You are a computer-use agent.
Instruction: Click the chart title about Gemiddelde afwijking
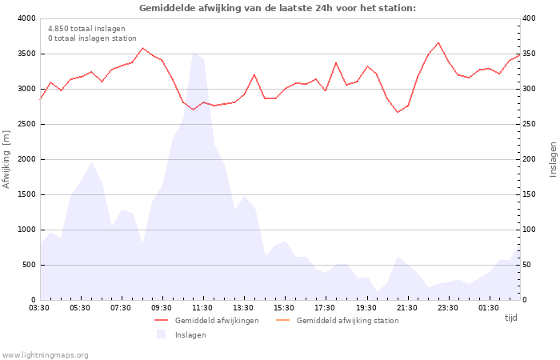pyautogui.click(x=278, y=8)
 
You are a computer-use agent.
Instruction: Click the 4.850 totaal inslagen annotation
pyautogui.click(x=86, y=28)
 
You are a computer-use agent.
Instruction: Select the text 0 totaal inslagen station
pyautogui.click(x=92, y=38)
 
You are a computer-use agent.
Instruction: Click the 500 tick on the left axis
pyautogui.click(x=28, y=265)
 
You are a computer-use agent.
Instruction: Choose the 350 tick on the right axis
pyautogui.click(x=530, y=54)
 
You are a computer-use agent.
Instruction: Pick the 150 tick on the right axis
pyautogui.click(x=530, y=194)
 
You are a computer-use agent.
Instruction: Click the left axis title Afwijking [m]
pyautogui.click(x=7, y=159)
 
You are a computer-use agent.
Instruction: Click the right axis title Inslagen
pyautogui.click(x=552, y=159)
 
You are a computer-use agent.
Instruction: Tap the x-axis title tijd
pyautogui.click(x=510, y=318)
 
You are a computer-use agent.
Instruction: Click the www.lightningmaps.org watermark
pyautogui.click(x=46, y=354)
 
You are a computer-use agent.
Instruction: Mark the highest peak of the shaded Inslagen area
pyautogui.click(x=193, y=53)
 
